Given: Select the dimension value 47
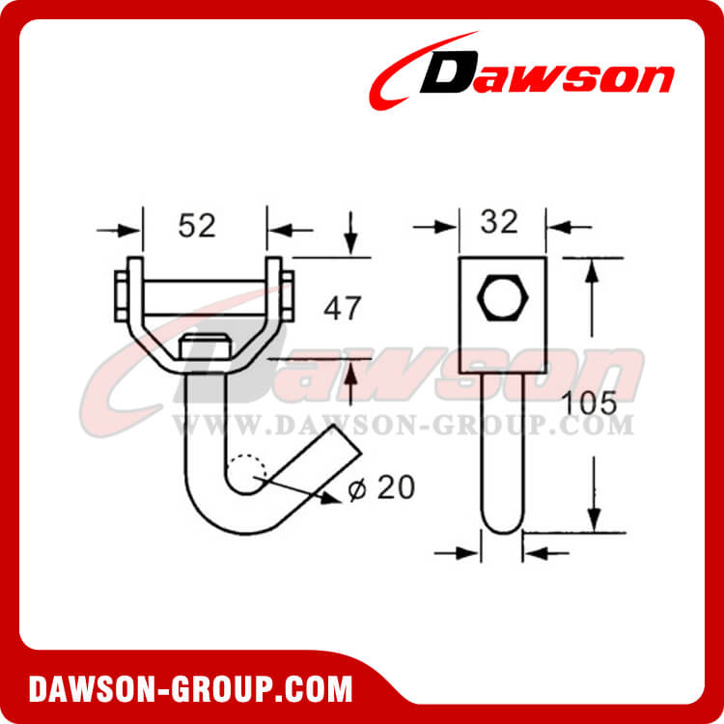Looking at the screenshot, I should coord(343,309).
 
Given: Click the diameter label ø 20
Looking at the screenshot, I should coord(381,488).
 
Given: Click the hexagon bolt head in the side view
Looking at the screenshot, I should coord(502,299).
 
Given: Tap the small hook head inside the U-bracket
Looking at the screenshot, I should coord(206,344).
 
